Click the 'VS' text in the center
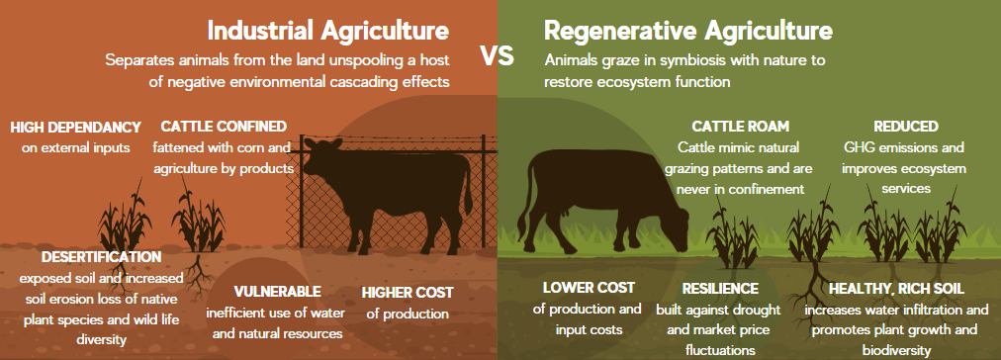tap(498, 56)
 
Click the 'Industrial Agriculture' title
tap(328, 30)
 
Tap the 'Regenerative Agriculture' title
tap(688, 30)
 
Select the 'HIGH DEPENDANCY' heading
tap(75, 127)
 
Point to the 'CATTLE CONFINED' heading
tap(224, 126)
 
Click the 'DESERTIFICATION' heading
tap(102, 256)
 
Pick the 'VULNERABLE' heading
tap(277, 292)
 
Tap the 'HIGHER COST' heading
tap(408, 293)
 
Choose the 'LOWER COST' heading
tap(589, 287)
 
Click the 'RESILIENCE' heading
tap(720, 289)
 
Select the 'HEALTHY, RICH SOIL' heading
tap(896, 289)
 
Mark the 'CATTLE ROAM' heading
tap(741, 126)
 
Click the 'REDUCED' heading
tap(905, 126)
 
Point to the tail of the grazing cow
tap(524, 198)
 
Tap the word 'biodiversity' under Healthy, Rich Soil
tap(896, 350)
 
